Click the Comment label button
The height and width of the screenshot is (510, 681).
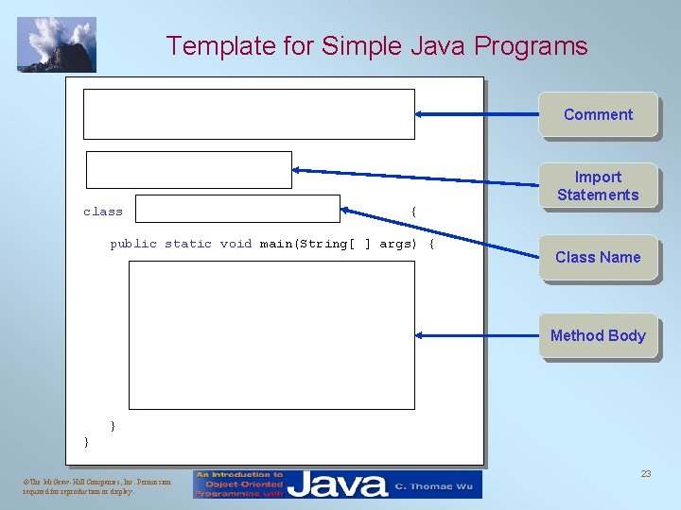[x=598, y=114]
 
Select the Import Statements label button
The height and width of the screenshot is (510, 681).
[x=598, y=186]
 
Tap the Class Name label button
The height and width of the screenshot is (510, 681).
[x=598, y=257]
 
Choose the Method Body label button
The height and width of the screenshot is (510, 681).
[x=598, y=335]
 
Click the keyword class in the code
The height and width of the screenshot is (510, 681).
[x=103, y=212]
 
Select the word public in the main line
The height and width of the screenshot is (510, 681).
[x=133, y=244]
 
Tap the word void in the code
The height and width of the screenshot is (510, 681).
[x=236, y=244]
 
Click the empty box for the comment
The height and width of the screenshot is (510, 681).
[x=249, y=114]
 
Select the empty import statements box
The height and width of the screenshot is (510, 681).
[x=189, y=170]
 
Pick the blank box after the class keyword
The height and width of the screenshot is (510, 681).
[x=236, y=209]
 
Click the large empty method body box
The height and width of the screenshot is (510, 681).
[x=272, y=334]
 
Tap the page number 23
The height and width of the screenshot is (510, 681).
[x=646, y=474]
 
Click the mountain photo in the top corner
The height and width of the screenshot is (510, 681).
[x=57, y=44]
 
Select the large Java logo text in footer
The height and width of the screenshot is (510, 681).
[x=339, y=484]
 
